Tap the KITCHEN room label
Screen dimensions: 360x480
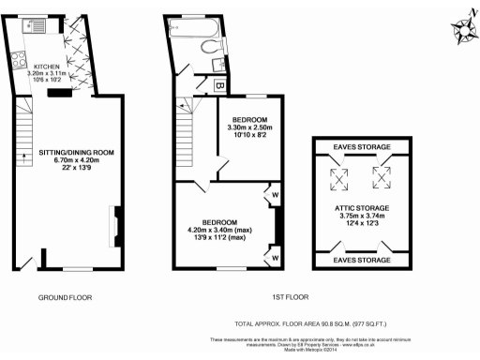[x=47, y=67]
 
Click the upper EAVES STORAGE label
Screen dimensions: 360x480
[x=360, y=147]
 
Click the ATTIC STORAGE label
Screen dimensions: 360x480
[x=360, y=207]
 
